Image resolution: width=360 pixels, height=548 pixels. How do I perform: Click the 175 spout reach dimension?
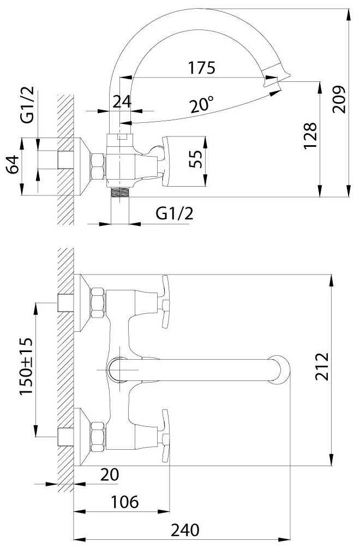202,68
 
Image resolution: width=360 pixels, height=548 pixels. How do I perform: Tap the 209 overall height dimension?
339,99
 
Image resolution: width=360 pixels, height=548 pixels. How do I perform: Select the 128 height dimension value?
310,135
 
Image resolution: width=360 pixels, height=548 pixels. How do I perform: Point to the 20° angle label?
202,104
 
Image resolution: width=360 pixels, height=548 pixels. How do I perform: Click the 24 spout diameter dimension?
122,102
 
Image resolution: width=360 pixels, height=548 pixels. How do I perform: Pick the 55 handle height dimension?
195,159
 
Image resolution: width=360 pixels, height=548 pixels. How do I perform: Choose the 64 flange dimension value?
13,164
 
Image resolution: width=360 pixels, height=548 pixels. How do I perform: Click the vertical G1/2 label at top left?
27,104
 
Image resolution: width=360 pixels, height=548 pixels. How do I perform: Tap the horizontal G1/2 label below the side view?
174,213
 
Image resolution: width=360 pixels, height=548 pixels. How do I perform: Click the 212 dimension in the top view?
322,366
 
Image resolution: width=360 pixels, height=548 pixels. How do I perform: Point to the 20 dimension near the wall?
110,475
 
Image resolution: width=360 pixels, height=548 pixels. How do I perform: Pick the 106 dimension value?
125,502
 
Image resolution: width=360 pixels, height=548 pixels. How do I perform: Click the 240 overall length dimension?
185,530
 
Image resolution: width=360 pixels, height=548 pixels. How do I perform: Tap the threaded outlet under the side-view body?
120,192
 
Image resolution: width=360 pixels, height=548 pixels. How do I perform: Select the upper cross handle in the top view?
165,302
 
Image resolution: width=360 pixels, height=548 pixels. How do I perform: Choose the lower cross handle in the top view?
165,436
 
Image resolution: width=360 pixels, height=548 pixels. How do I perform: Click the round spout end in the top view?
279,370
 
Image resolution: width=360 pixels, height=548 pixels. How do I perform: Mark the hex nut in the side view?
98,166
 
